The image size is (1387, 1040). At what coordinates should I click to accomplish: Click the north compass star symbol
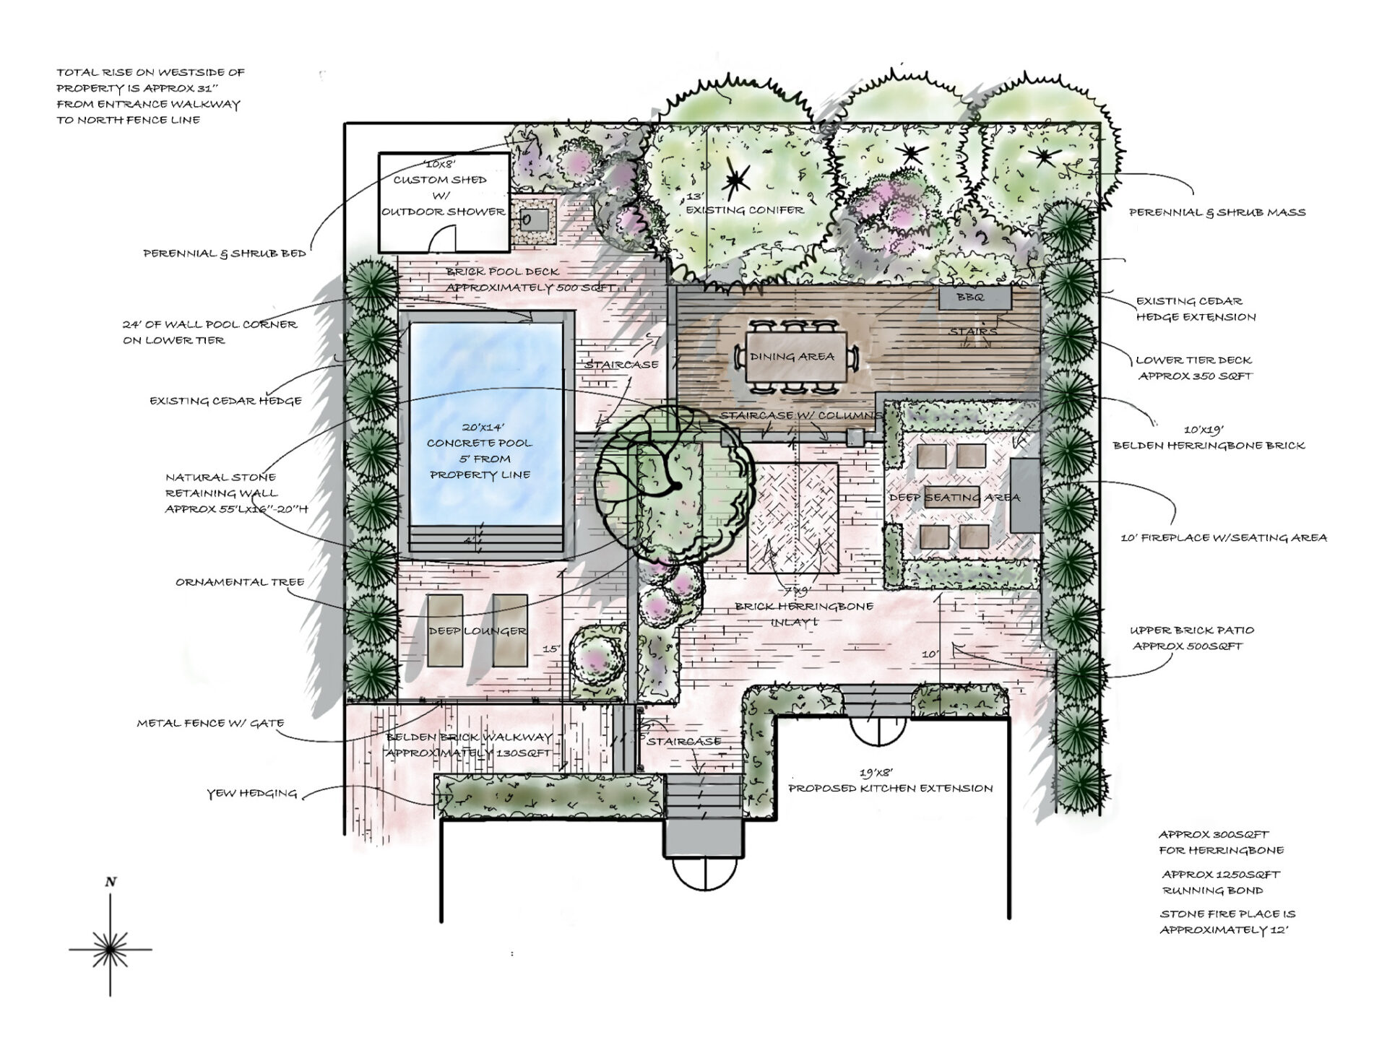click(x=110, y=948)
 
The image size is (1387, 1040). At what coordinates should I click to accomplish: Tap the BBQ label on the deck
click(x=969, y=298)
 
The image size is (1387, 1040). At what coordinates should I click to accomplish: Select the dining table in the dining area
click(x=793, y=357)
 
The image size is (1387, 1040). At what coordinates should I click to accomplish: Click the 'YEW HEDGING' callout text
click(x=252, y=794)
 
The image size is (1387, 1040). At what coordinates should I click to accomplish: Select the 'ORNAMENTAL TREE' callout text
click(x=240, y=582)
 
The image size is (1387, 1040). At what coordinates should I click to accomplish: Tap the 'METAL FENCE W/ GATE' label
click(x=210, y=723)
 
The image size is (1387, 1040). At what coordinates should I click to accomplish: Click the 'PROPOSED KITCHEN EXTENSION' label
click(x=890, y=788)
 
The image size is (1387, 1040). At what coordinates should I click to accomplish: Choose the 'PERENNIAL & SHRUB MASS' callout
click(x=1217, y=212)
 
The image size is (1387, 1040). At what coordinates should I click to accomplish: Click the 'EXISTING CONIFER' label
click(x=744, y=210)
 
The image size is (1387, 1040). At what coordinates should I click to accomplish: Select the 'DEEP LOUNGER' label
click(x=478, y=631)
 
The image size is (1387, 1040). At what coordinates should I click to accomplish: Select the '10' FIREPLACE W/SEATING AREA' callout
click(x=1223, y=537)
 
